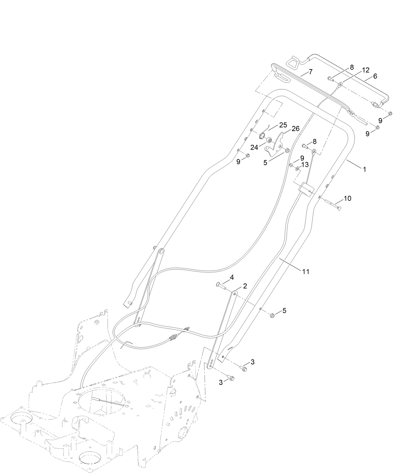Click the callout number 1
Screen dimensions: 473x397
click(x=364, y=170)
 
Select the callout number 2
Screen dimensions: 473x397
click(x=245, y=286)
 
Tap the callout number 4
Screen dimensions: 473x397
click(x=232, y=278)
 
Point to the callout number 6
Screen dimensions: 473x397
click(x=375, y=76)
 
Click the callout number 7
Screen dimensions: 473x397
click(x=310, y=72)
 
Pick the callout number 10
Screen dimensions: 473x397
click(x=347, y=199)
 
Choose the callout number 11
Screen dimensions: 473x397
click(x=305, y=271)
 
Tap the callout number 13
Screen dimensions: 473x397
click(x=305, y=165)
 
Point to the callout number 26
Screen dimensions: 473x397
click(x=295, y=129)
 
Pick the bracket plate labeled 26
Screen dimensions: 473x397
click(x=275, y=146)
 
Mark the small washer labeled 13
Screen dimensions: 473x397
click(x=297, y=169)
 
